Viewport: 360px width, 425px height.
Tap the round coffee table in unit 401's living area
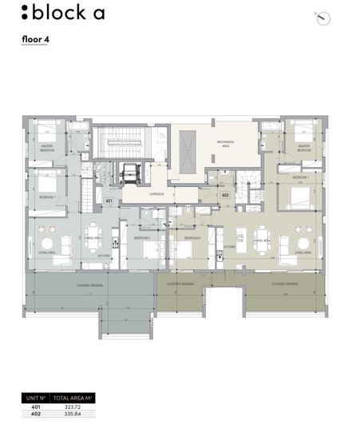[x=48, y=244]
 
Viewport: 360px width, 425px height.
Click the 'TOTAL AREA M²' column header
[x=74, y=397]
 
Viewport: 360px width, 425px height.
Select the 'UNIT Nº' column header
[x=35, y=397]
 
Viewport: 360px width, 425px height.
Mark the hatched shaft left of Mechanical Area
[x=188, y=151]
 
